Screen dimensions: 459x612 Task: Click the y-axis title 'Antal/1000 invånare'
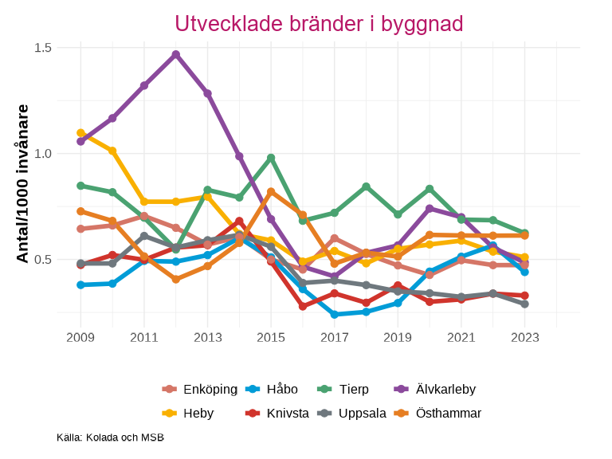click(23, 183)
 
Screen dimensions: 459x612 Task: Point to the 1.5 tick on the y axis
click(43, 48)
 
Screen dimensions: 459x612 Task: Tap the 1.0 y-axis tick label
click(43, 154)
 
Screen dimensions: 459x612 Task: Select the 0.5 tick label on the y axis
click(43, 260)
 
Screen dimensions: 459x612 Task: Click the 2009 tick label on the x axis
click(80, 338)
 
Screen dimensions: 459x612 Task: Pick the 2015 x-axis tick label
click(271, 338)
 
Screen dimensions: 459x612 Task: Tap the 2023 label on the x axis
click(524, 338)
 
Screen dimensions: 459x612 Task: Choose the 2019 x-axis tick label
click(398, 338)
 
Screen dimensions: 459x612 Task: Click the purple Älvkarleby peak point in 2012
click(176, 54)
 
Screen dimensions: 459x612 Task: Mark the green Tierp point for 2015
click(271, 158)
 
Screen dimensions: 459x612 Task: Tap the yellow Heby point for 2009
click(80, 133)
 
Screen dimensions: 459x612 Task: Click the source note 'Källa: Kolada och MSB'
click(110, 437)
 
